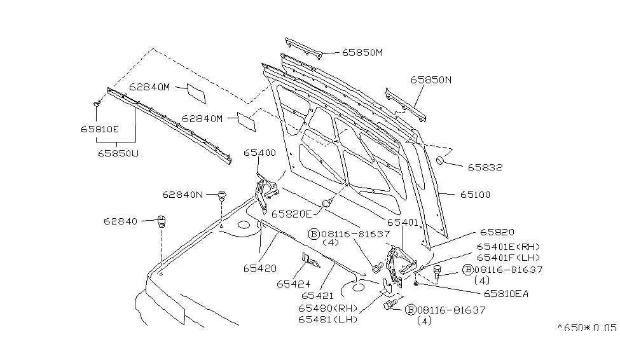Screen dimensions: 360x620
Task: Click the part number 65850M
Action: point(362,52)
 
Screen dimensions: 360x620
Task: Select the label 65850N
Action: point(431,80)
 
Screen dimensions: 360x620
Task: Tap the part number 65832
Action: point(485,168)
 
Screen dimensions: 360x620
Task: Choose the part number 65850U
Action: point(118,153)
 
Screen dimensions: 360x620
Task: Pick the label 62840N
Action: point(182,195)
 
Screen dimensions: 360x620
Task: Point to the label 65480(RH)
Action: point(329,308)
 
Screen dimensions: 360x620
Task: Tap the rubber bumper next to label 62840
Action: point(162,223)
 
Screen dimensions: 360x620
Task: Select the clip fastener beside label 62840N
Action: point(222,194)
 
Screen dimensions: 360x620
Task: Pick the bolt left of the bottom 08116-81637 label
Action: point(389,306)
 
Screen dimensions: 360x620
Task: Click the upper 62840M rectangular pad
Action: point(196,92)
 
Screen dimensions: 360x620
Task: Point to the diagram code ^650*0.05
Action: point(587,328)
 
